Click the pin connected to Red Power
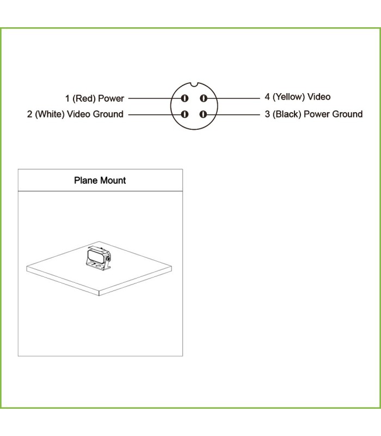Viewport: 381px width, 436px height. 185,98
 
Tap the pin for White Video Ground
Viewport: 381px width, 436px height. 185,114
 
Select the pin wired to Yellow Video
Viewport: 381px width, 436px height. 204,98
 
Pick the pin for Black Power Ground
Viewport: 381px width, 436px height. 204,114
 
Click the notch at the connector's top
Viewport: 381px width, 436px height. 194,84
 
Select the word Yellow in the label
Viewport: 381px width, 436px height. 289,97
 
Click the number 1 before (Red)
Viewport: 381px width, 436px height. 67,99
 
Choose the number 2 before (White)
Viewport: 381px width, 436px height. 30,114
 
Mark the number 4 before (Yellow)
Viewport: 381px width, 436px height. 267,97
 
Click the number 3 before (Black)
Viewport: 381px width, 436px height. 267,114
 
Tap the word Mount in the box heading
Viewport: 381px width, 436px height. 113,180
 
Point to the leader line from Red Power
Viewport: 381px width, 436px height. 155,98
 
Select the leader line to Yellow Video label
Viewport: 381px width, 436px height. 233,98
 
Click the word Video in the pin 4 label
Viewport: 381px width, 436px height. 319,97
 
